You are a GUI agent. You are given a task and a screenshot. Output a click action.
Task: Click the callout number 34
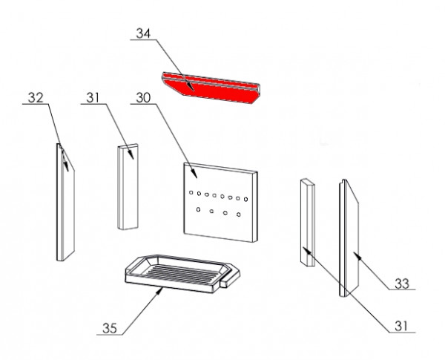[143, 33]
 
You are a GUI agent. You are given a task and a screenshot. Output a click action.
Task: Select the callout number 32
[36, 98]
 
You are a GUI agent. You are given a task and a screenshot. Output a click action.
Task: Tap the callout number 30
[143, 98]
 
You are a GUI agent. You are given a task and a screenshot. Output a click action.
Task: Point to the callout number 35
[110, 328]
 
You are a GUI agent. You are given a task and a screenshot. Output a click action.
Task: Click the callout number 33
[402, 284]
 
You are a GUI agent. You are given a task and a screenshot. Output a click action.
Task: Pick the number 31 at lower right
[401, 326]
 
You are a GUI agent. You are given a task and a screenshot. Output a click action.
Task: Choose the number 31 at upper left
[93, 98]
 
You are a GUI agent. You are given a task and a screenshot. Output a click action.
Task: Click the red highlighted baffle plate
[211, 88]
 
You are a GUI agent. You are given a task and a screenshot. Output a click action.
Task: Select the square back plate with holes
[220, 203]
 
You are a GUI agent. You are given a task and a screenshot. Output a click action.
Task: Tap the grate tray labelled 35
[182, 273]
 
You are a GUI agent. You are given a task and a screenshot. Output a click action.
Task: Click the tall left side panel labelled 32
[65, 202]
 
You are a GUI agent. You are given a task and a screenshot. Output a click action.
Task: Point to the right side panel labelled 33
[349, 238]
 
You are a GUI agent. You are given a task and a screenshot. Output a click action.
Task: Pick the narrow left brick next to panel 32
[128, 186]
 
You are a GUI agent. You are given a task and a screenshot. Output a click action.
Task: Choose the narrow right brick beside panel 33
[307, 223]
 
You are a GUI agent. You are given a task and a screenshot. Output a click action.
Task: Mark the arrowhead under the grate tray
[159, 291]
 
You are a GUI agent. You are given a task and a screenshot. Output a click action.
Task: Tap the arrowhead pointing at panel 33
[357, 255]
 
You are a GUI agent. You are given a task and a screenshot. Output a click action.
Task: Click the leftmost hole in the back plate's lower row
[198, 209]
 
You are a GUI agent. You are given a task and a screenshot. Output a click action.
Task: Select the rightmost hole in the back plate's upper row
[245, 200]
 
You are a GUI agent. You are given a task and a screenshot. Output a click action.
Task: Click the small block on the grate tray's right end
[230, 278]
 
